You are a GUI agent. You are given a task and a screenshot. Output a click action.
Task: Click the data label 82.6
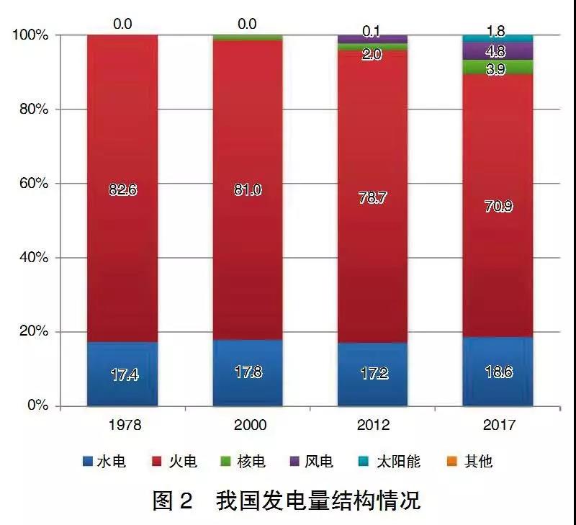122,189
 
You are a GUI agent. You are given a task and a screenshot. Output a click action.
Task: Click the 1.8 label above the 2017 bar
497,31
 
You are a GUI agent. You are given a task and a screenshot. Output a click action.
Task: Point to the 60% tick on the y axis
33,184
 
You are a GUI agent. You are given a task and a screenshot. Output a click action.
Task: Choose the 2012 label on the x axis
372,425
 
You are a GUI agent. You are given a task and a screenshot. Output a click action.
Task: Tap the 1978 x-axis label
122,425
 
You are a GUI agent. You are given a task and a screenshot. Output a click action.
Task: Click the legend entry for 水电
104,462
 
